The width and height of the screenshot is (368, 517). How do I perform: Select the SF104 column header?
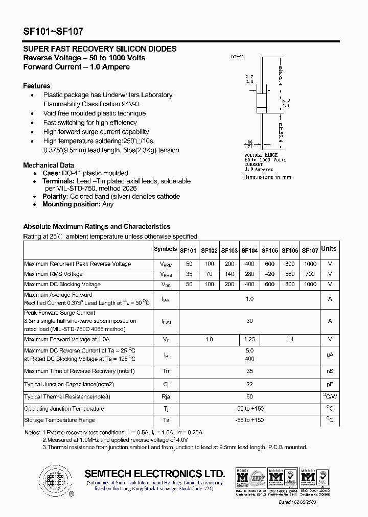pos(249,251)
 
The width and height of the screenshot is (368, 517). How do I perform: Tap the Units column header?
pos(329,249)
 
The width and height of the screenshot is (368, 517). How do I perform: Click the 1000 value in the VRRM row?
pos(310,264)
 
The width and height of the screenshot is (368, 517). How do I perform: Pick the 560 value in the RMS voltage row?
pos(290,274)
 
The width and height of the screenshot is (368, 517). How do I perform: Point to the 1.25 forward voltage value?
pos(249,339)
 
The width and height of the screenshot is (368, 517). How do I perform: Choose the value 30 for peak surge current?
pos(249,321)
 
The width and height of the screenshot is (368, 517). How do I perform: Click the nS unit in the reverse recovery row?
pos(330,371)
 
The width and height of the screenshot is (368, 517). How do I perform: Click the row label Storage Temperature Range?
pos(59,420)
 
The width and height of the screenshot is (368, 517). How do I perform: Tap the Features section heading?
pos(37,86)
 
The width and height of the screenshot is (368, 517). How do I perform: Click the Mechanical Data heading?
pos(49,165)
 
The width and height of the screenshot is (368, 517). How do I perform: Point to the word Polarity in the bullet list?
pos(55,196)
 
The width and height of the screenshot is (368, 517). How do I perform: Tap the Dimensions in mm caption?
pos(267,177)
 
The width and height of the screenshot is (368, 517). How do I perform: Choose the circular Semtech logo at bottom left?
pos(54,480)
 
